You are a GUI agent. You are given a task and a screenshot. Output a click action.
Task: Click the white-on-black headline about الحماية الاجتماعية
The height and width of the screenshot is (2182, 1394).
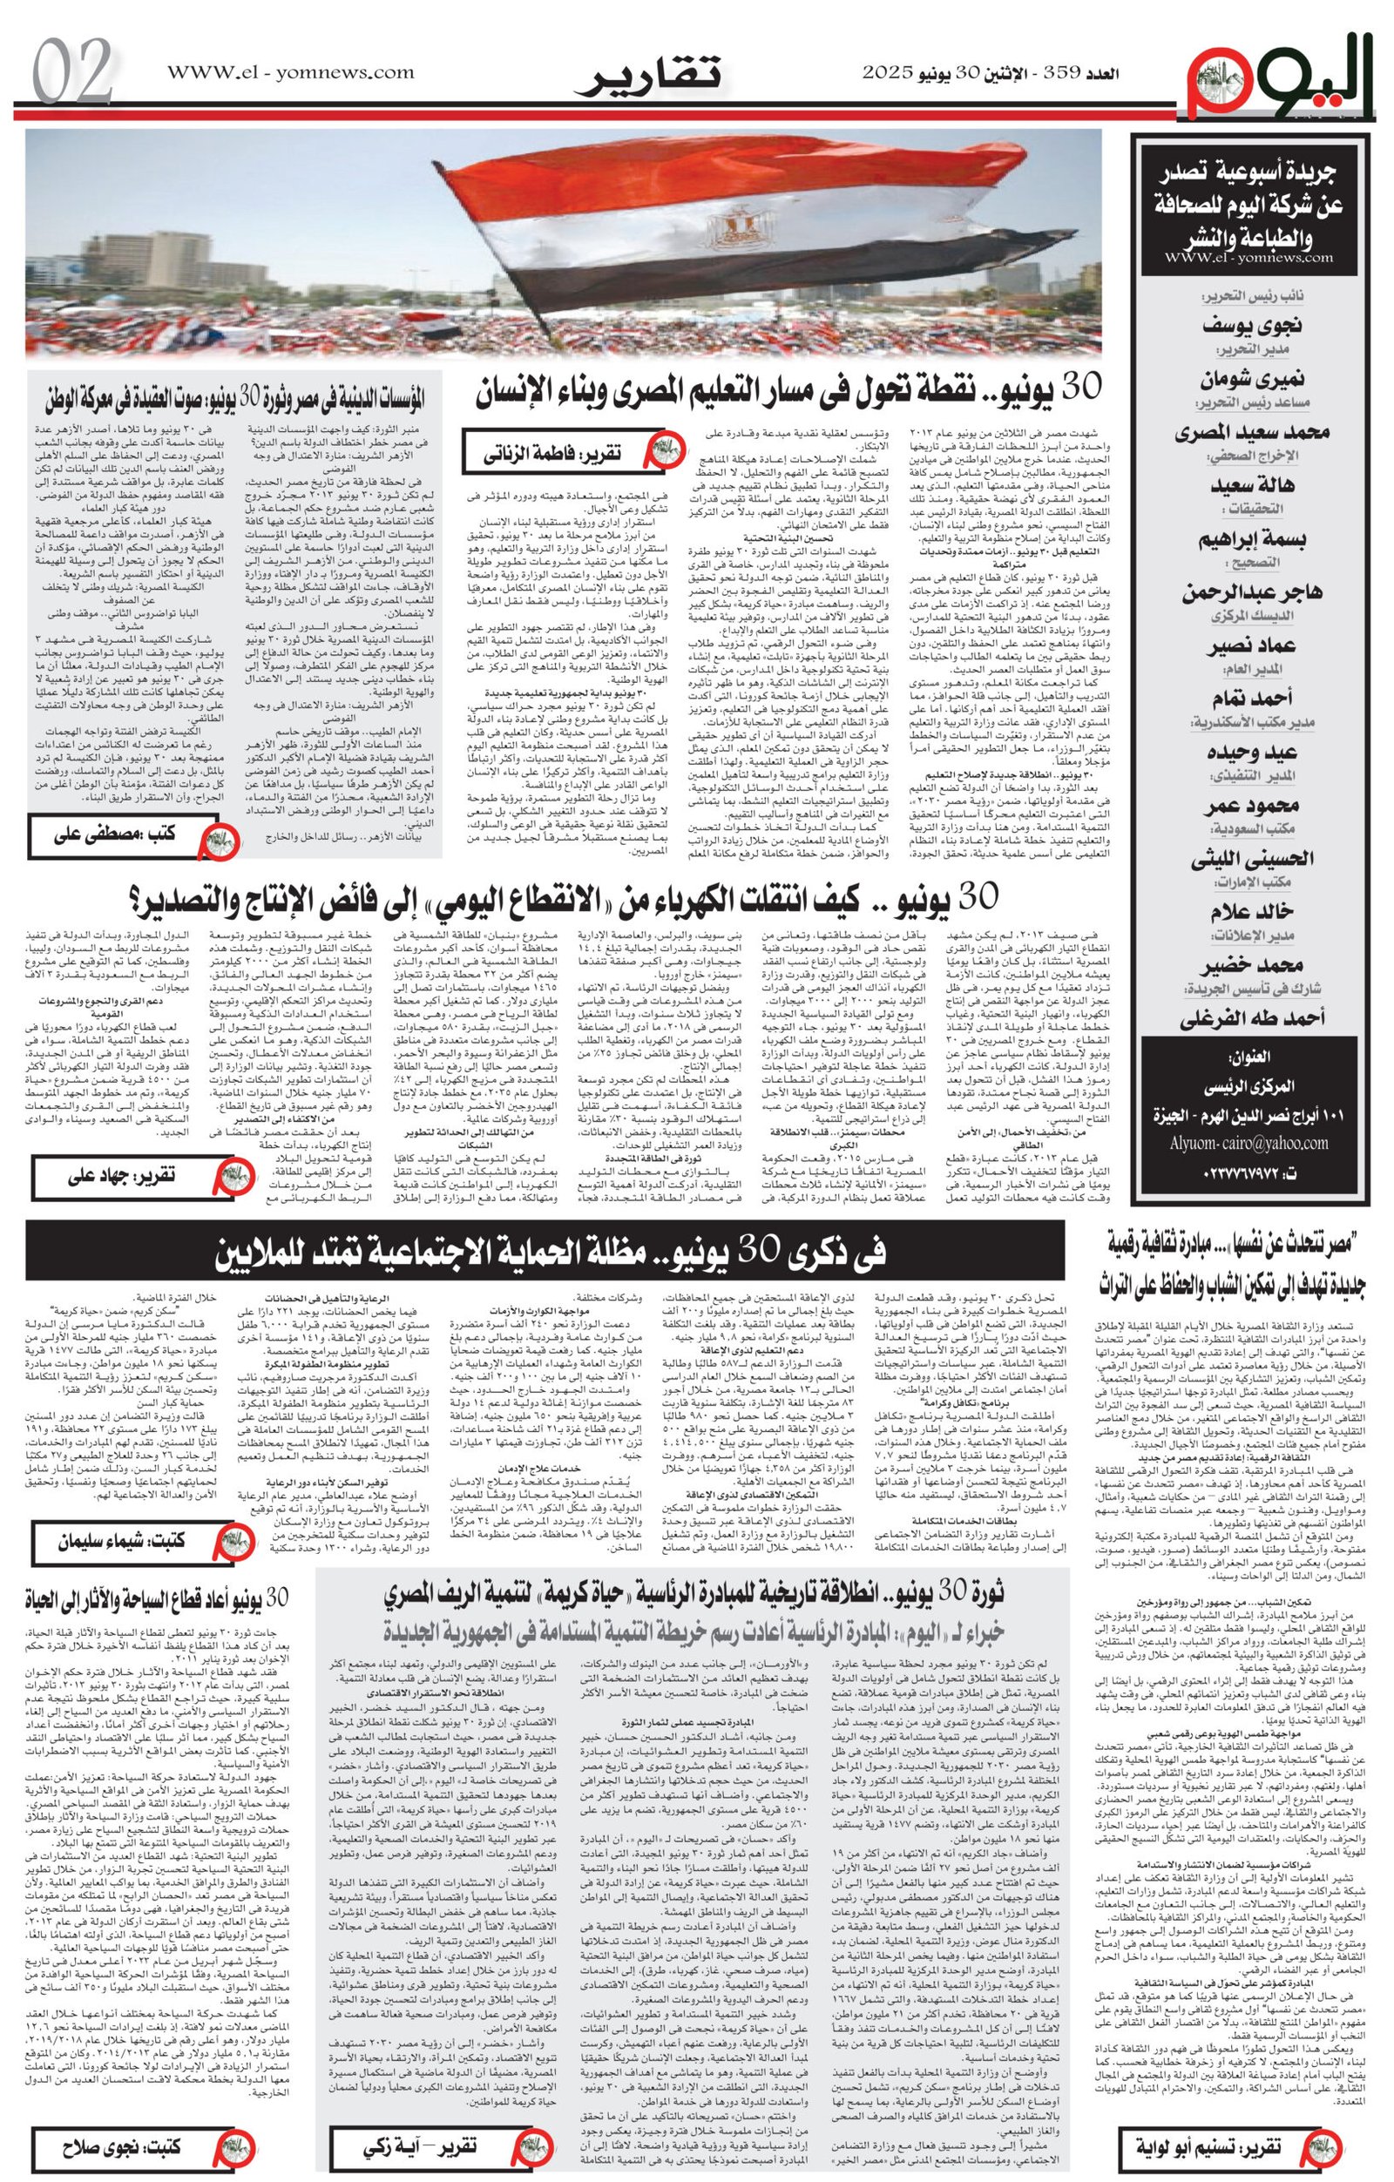coord(552,1252)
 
